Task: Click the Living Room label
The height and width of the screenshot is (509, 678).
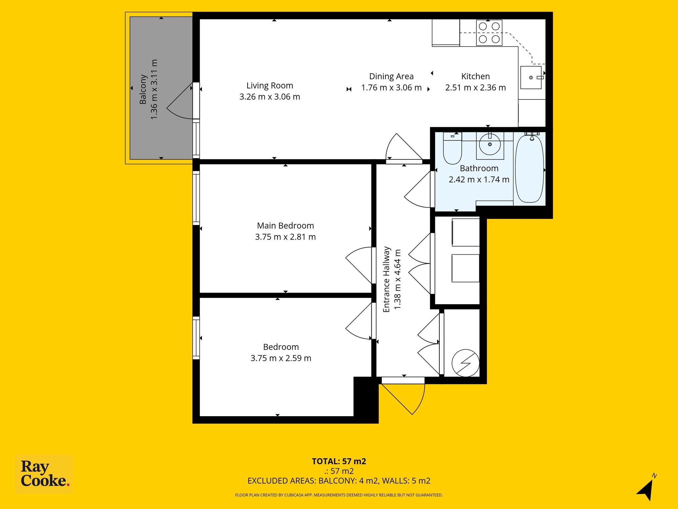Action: [270, 85]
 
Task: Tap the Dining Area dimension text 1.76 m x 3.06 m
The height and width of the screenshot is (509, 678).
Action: [391, 88]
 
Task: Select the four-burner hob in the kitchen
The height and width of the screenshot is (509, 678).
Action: [489, 32]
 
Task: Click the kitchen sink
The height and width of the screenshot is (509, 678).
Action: [531, 78]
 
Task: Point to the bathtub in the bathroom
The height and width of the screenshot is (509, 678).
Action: [529, 169]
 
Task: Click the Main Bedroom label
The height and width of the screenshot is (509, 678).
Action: [285, 226]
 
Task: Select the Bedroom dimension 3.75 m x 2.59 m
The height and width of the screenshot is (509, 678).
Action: [281, 358]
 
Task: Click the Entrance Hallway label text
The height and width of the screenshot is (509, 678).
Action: [386, 279]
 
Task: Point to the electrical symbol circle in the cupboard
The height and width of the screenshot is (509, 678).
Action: [465, 363]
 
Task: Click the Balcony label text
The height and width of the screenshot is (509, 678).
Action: [143, 89]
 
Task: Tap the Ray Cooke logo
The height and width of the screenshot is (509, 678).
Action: [44, 474]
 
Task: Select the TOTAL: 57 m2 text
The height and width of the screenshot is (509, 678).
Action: [339, 461]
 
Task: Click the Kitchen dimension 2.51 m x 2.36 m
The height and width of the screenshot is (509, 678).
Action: [475, 88]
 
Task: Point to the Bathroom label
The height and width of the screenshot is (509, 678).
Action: [479, 168]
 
